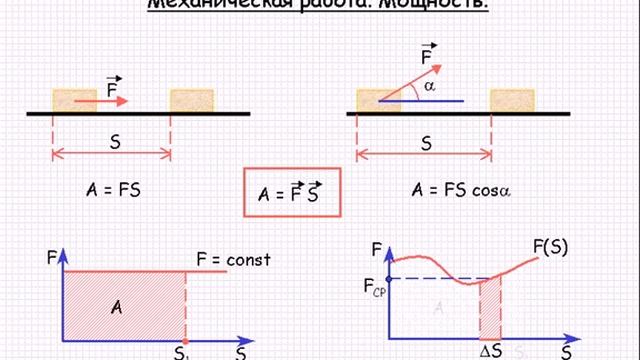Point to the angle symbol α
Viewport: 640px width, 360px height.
(x=431, y=87)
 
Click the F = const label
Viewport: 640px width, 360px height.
(x=234, y=259)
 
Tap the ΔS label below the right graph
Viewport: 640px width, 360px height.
(x=490, y=350)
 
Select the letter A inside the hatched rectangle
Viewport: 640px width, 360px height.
(x=116, y=307)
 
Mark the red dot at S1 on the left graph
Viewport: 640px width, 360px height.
(x=185, y=338)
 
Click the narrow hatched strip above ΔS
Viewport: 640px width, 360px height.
(x=489, y=308)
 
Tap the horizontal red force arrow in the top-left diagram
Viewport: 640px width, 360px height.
(x=100, y=101)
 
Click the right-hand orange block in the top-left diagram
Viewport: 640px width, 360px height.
(x=192, y=100)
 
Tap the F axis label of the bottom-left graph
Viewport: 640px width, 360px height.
(x=52, y=258)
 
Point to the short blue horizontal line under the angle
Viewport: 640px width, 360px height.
(x=434, y=102)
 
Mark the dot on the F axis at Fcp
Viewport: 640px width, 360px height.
(x=388, y=278)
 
